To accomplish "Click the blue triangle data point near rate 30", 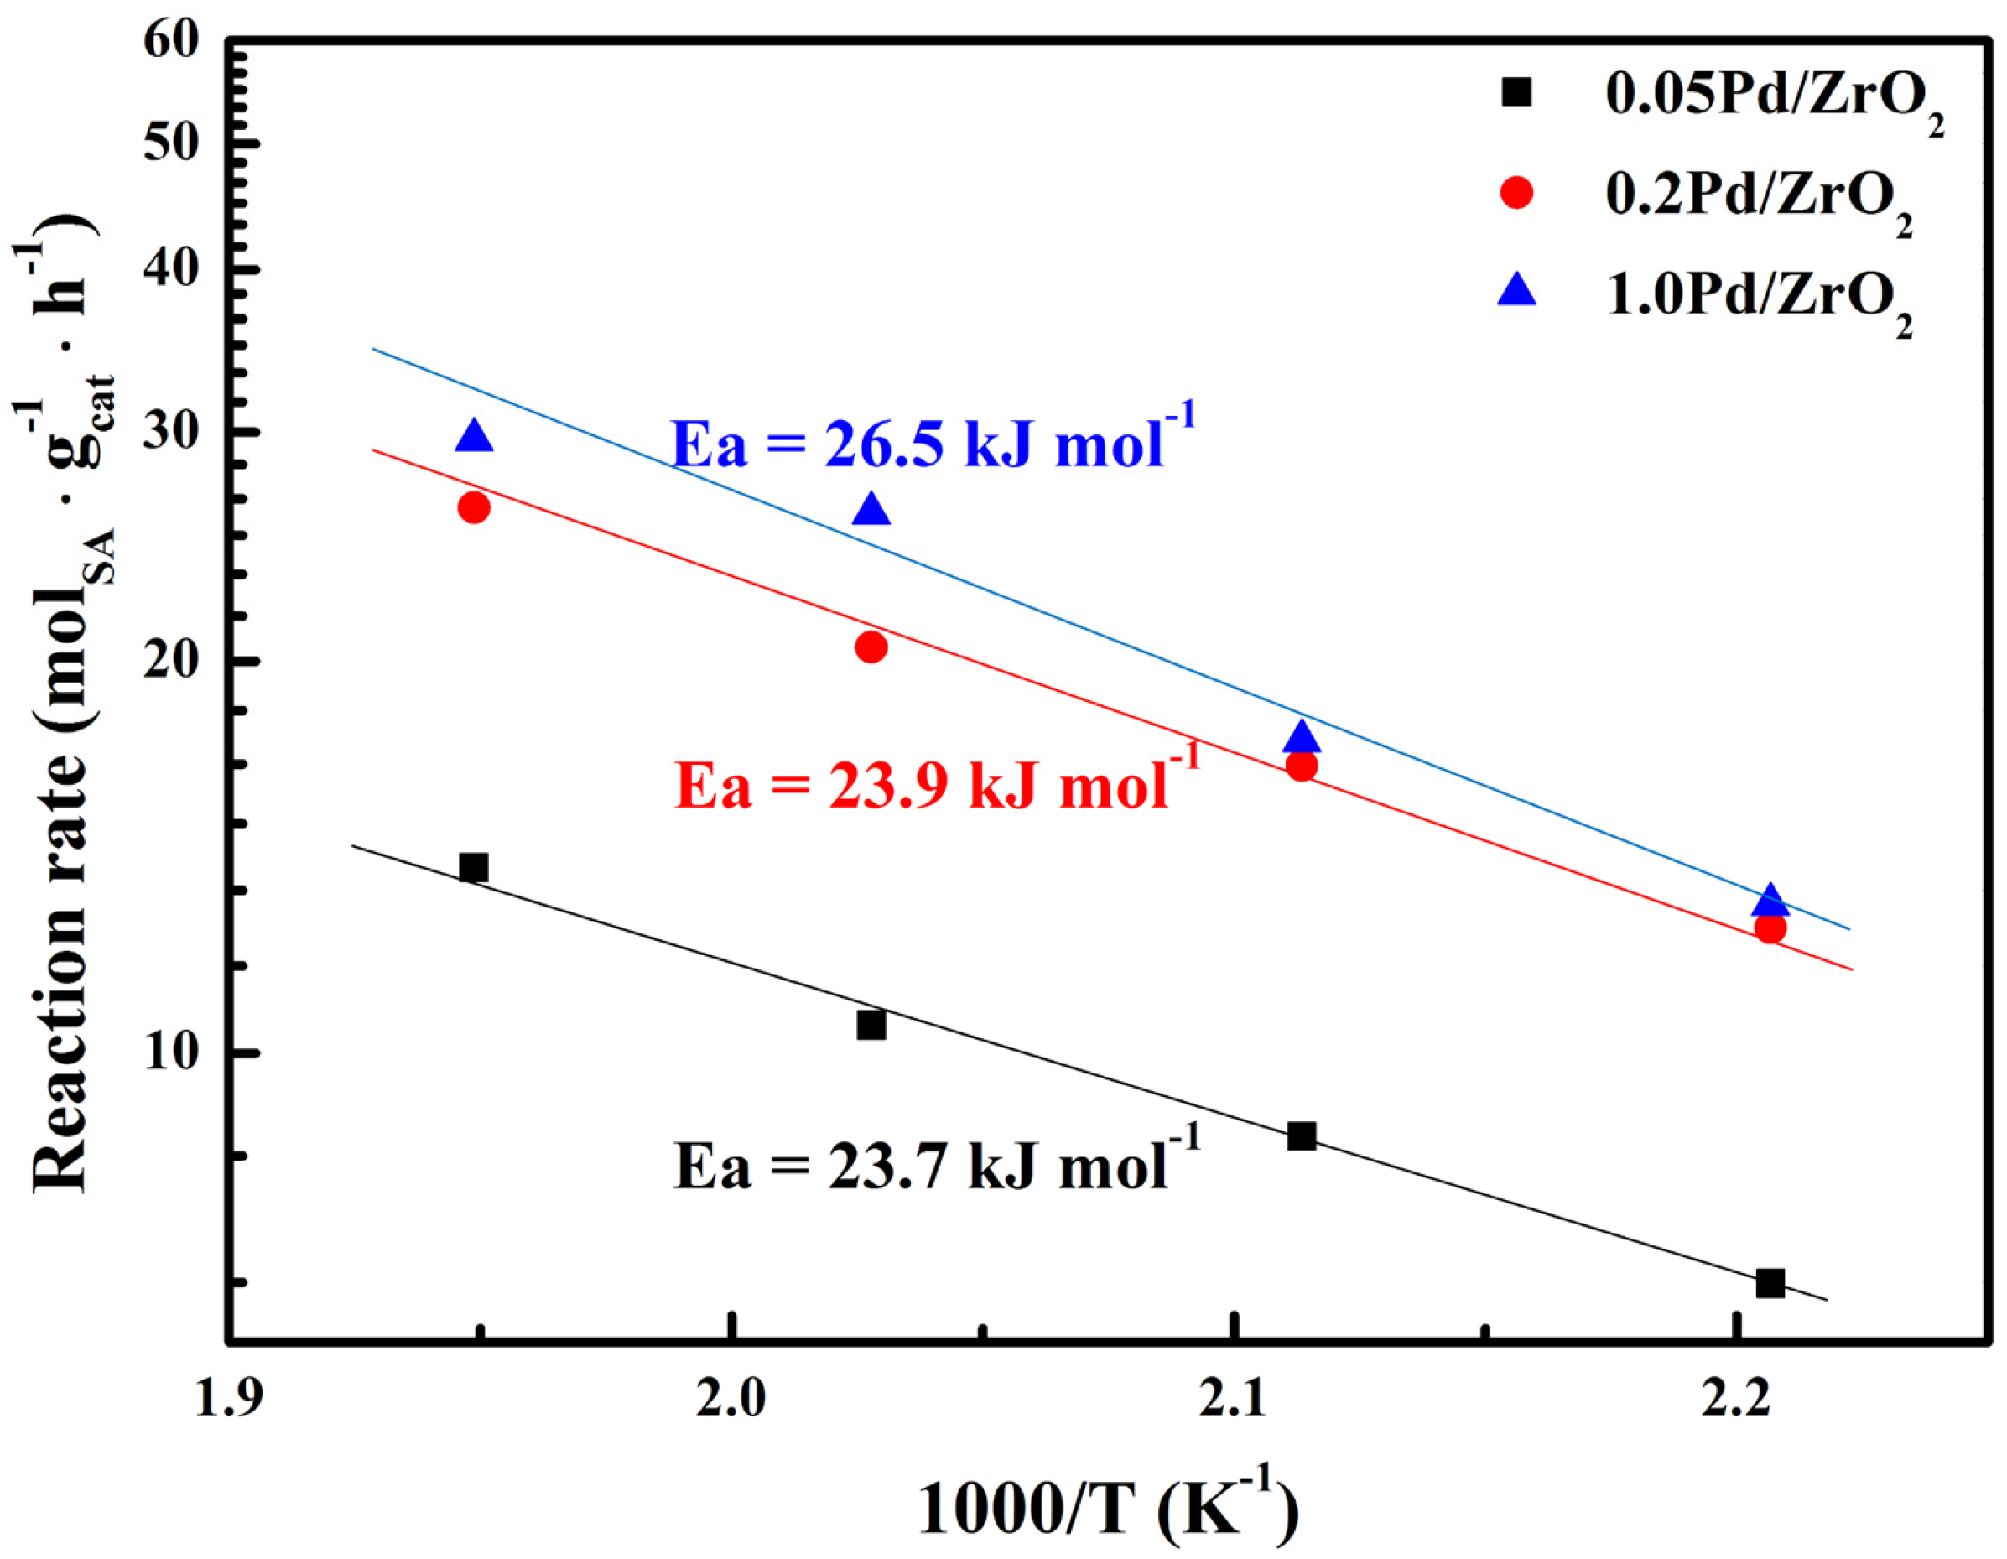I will click(x=474, y=437).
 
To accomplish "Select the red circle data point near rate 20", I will click(x=871, y=647).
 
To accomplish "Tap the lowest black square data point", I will click(x=1770, y=1283).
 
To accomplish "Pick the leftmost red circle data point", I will click(x=474, y=508).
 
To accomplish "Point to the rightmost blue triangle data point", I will click(x=1770, y=902).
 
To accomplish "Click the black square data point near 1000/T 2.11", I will click(x=1300, y=1137).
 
